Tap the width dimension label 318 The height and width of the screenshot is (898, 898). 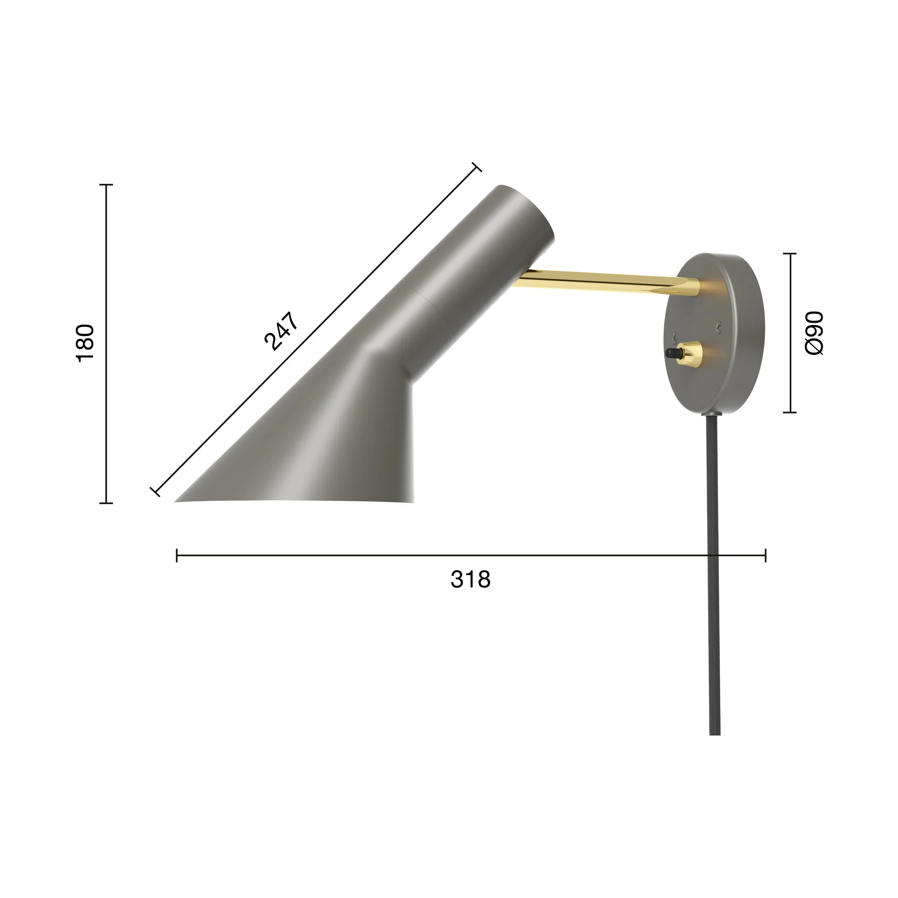[x=471, y=580]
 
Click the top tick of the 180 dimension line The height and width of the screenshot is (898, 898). [x=106, y=185]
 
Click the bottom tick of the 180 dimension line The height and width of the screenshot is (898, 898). [x=106, y=503]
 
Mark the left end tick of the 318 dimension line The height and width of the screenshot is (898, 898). [x=177, y=556]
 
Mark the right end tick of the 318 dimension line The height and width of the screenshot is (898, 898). [x=765, y=556]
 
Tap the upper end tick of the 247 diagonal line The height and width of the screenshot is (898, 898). [x=477, y=167]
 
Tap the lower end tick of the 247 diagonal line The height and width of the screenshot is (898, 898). [x=155, y=491]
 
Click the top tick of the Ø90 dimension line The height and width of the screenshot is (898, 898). [x=790, y=253]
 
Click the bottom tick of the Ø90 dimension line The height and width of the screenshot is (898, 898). [x=790, y=413]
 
